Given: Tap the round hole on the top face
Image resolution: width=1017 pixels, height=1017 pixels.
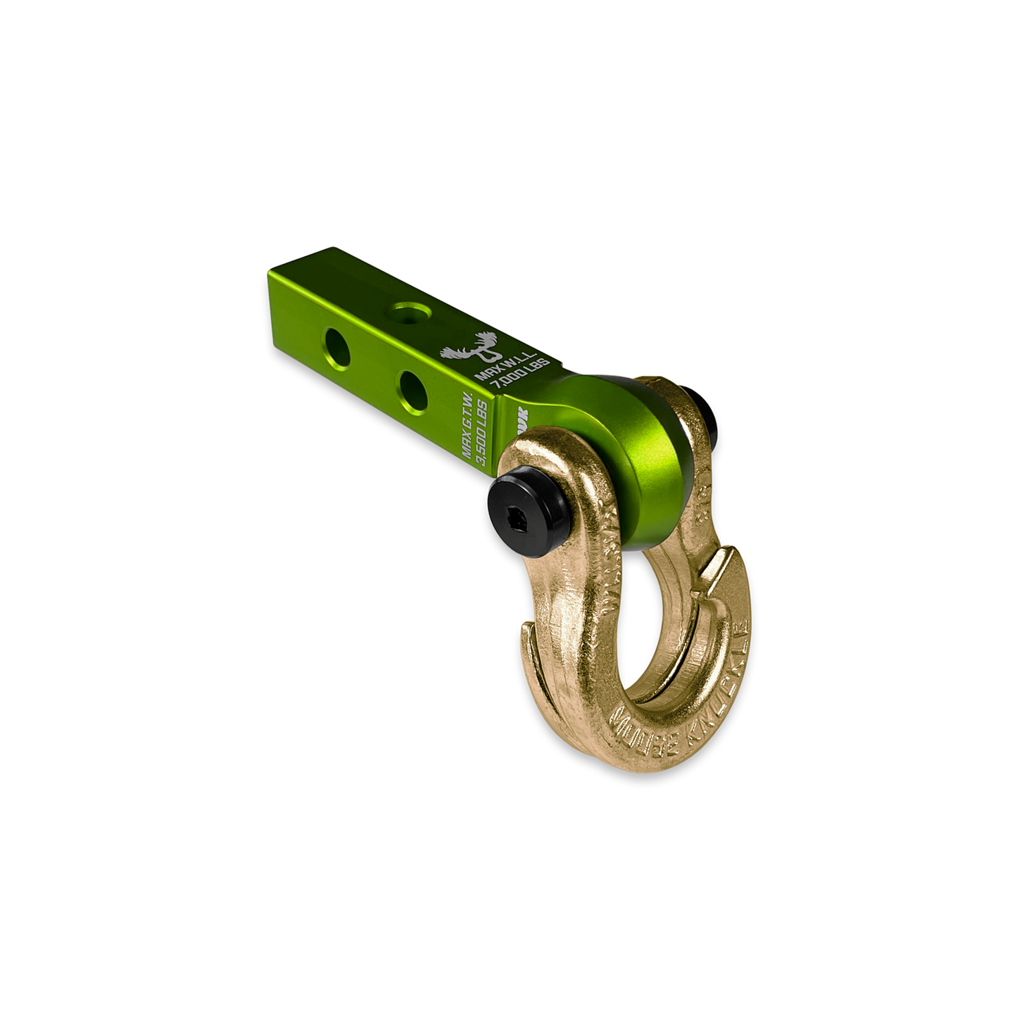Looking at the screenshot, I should point(408,310).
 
